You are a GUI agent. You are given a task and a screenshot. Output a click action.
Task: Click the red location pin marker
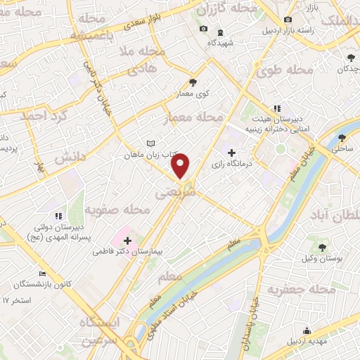(x=181, y=166)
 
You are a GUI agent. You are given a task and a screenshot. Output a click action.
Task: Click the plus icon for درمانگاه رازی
(x=231, y=152)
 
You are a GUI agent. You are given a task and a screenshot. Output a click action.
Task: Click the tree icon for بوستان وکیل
(x=322, y=247)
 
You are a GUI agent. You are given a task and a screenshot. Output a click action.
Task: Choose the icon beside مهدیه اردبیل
(x=306, y=331)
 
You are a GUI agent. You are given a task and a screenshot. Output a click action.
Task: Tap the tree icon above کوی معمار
(x=193, y=82)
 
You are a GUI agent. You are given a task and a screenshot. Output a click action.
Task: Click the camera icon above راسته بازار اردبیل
(x=287, y=20)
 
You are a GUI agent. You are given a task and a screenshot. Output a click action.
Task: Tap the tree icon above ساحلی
(x=342, y=138)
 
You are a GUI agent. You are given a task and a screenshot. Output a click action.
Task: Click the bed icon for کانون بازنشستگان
(x=42, y=274)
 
